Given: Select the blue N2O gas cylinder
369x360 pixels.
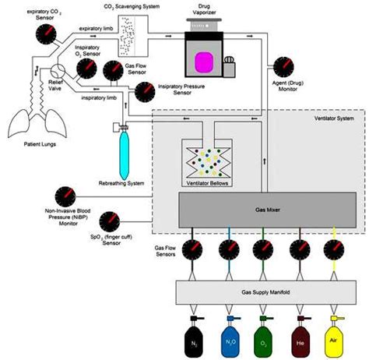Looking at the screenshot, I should [x=230, y=340].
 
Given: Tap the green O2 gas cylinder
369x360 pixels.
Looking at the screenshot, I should [x=264, y=340].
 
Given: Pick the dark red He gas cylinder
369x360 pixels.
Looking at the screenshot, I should [x=299, y=340].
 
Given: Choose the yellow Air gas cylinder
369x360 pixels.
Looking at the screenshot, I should [x=334, y=340].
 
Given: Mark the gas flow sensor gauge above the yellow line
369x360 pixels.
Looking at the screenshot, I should [x=334, y=250].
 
